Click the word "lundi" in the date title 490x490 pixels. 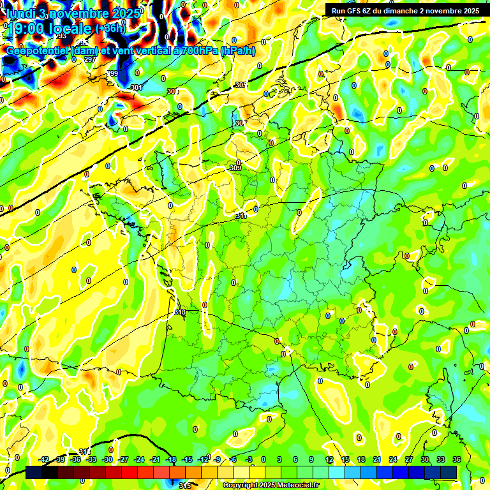tap(21, 12)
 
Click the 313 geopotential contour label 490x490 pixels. tap(179, 313)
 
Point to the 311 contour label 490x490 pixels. tap(241, 216)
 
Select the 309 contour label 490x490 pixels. tap(235, 168)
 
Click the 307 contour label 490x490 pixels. tap(240, 123)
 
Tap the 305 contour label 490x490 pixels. tap(241, 85)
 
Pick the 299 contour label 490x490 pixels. tap(112, 74)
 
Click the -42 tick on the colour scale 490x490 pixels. tap(44, 459)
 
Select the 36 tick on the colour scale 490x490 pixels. tap(457, 459)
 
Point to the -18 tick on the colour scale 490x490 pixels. tap(171, 459)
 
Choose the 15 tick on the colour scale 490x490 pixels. tap(345, 459)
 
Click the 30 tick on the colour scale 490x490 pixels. tap(425, 459)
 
